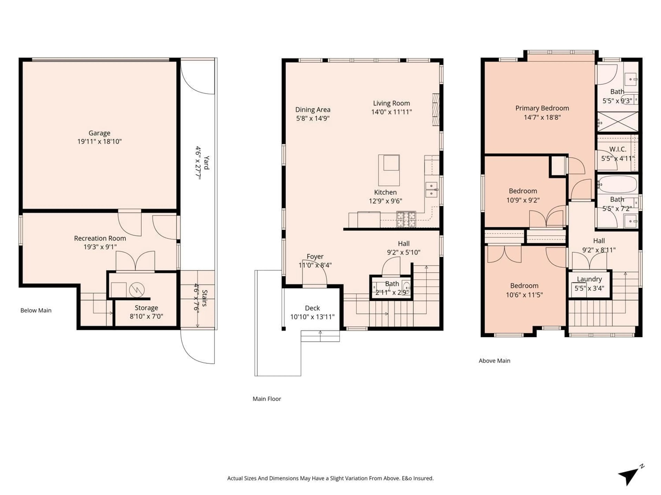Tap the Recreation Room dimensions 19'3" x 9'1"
[x=100, y=247]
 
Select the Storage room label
[x=146, y=308]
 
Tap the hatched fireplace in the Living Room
[x=436, y=109]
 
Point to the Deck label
[x=312, y=308]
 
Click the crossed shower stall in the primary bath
[x=617, y=122]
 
